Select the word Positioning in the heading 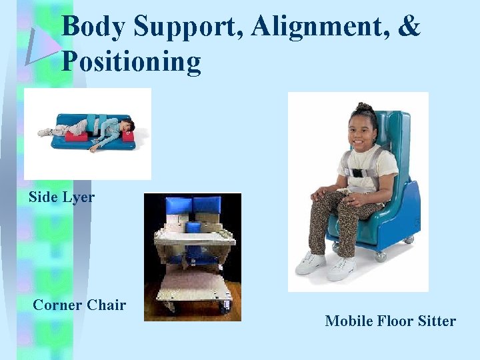click(x=131, y=61)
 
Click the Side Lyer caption click(x=61, y=197)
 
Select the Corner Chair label click(x=79, y=305)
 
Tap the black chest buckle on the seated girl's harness click(x=358, y=173)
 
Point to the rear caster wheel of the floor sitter click(x=409, y=237)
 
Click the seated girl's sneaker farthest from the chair click(x=310, y=264)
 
